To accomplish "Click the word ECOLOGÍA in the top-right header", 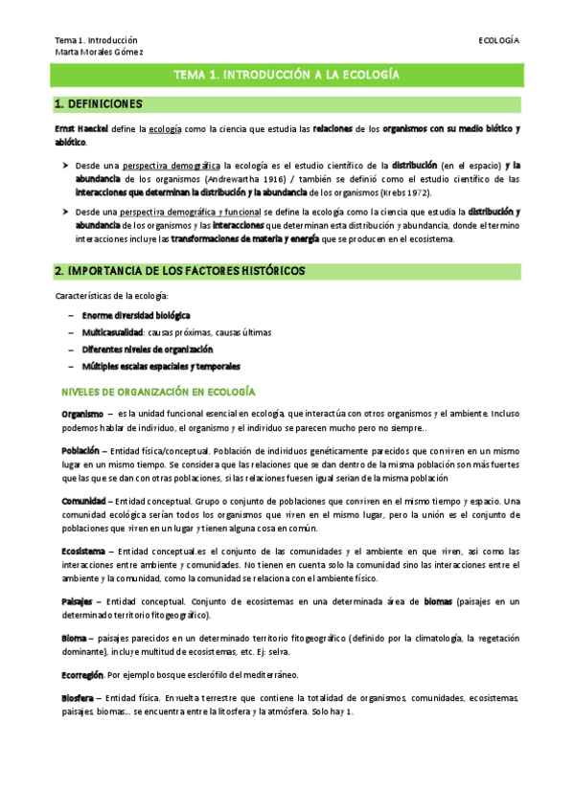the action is (x=499, y=40).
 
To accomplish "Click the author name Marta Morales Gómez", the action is (x=99, y=52).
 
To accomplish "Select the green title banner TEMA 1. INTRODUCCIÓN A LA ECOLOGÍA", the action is (x=287, y=74).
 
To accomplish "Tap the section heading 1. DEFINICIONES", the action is (x=99, y=103).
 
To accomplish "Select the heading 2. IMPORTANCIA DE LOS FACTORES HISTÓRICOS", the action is (x=180, y=271).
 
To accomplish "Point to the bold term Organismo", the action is (x=76, y=414).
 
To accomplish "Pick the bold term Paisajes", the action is (x=78, y=601).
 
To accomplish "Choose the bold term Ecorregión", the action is (x=82, y=675).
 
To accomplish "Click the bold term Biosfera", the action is (x=77, y=698).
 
